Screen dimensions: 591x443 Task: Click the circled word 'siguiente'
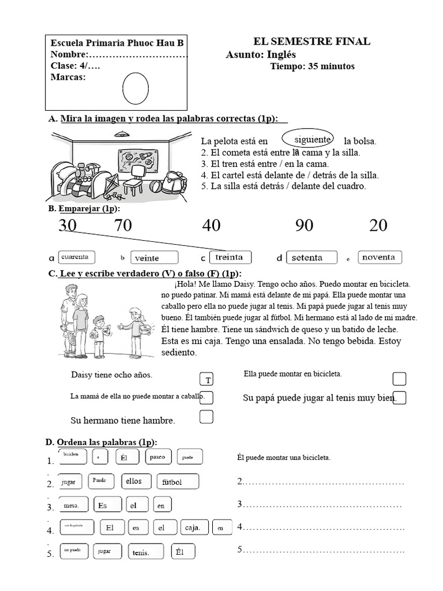tap(311, 140)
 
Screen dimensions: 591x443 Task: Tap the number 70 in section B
tap(123, 225)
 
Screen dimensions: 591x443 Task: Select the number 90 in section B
tap(304, 225)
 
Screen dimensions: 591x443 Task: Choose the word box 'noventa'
tap(380, 257)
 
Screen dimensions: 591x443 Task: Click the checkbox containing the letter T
tap(207, 380)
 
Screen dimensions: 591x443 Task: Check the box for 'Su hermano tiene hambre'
tap(207, 417)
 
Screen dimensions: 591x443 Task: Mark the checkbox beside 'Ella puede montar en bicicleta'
tap(399, 379)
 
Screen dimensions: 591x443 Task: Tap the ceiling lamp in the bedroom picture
tap(121, 134)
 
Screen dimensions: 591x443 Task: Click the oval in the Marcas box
tap(136, 88)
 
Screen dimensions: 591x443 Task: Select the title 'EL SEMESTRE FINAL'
tap(311, 42)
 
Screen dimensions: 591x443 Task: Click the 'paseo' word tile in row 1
tap(157, 457)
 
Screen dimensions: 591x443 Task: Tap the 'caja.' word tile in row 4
tap(193, 528)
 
